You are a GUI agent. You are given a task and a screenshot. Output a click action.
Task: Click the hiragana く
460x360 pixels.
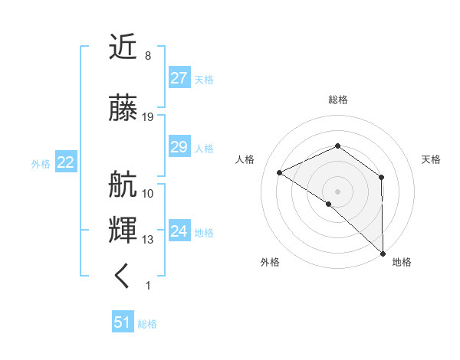coord(123,275)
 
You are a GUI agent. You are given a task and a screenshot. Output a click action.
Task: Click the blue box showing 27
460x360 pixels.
coord(179,78)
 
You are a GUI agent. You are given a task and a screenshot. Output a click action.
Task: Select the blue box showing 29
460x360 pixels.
coord(179,148)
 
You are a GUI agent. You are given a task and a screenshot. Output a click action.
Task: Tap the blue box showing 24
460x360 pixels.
coord(179,231)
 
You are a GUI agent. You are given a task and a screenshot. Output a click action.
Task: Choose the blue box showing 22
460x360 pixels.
coord(65,162)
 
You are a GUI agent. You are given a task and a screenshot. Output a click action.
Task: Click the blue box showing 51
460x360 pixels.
coord(123,322)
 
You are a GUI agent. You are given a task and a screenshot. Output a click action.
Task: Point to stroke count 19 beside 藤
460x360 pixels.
coord(148,117)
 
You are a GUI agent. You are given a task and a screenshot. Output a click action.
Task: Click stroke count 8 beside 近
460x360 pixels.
coord(147,56)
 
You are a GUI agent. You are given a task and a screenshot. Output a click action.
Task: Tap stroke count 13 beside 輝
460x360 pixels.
coord(148,240)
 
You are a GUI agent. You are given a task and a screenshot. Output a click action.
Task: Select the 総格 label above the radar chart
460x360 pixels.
coord(337,100)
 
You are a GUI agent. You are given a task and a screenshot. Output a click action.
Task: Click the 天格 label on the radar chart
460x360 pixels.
coord(431,159)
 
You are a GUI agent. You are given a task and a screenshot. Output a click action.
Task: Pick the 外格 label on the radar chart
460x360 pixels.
coord(269,262)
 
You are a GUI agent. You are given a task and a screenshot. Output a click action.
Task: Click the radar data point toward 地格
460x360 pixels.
coord(383,252)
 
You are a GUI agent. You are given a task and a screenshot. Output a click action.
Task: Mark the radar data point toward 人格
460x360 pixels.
coord(280,172)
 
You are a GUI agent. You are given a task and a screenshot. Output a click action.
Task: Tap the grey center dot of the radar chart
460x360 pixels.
coord(337,190)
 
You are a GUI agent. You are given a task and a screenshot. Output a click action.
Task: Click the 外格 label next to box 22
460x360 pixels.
coord(41,163)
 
